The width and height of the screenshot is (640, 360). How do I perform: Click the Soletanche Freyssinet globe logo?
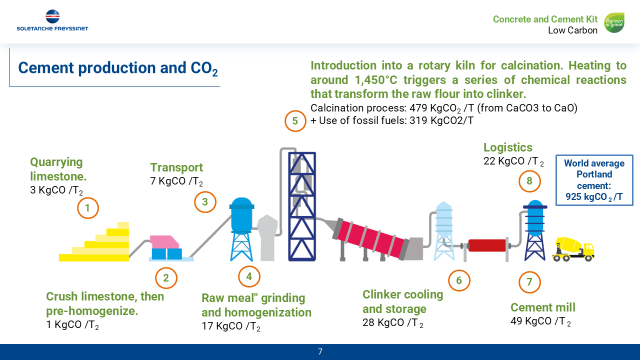pyautogui.click(x=52, y=16)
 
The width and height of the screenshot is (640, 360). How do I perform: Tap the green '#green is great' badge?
pyautogui.click(x=614, y=22)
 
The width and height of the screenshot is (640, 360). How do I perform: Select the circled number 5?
pyautogui.click(x=295, y=121)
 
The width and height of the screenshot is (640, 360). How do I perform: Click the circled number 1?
pyautogui.click(x=87, y=208)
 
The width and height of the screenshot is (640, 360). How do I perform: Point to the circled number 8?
pyautogui.click(x=529, y=181)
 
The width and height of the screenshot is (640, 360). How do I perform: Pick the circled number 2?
pyautogui.click(x=166, y=278)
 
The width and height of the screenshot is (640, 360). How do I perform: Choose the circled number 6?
pyautogui.click(x=459, y=280)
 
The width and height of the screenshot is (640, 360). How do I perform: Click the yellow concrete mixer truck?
pyautogui.click(x=573, y=249)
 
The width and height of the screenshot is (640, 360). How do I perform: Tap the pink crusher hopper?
pyautogui.click(x=164, y=241)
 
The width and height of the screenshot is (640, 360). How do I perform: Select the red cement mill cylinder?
pyautogui.click(x=487, y=245)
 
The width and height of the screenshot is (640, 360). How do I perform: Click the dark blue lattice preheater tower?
pyautogui.click(x=302, y=206)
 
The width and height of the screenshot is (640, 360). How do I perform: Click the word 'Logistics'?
pyautogui.click(x=507, y=147)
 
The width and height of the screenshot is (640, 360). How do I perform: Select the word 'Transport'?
pyautogui.click(x=176, y=167)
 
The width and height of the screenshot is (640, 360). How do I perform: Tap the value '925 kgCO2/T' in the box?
pyautogui.click(x=594, y=197)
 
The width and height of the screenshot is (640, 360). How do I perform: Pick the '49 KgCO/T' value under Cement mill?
pyautogui.click(x=540, y=321)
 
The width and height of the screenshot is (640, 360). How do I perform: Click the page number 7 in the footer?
pyautogui.click(x=320, y=351)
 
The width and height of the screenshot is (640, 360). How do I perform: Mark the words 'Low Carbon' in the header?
pyautogui.click(x=572, y=30)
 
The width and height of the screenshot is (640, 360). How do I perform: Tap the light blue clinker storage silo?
pyautogui.click(x=443, y=231)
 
